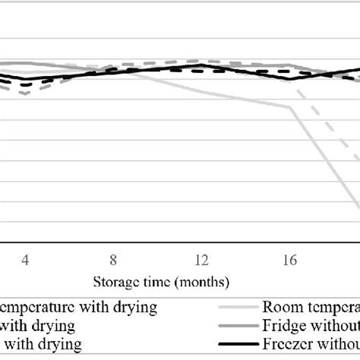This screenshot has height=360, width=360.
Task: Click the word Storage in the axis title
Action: pos(115,282)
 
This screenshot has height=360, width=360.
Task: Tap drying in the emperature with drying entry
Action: pos(137,308)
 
